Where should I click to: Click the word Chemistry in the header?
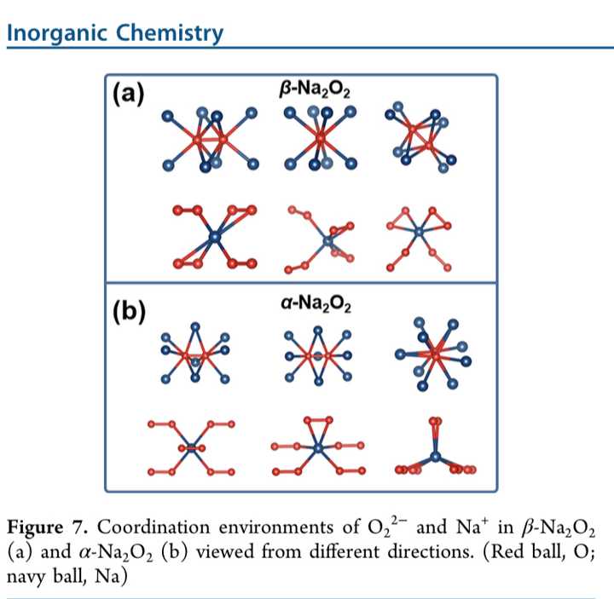click(x=169, y=33)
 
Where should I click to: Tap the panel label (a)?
click(x=129, y=95)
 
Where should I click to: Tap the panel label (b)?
click(x=129, y=312)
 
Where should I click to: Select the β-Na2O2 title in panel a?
click(x=315, y=90)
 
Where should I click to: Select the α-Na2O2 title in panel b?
click(x=316, y=304)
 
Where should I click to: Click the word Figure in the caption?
click(x=35, y=527)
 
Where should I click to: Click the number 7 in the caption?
click(x=78, y=527)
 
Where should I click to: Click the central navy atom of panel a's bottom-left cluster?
click(x=215, y=237)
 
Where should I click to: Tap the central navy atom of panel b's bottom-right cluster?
click(x=435, y=456)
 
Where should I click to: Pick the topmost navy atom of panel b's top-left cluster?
click(x=195, y=327)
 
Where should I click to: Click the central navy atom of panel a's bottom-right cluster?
click(x=419, y=232)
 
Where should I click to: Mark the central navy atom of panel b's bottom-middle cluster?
click(x=318, y=448)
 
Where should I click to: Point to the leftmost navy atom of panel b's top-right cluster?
click(x=400, y=354)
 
